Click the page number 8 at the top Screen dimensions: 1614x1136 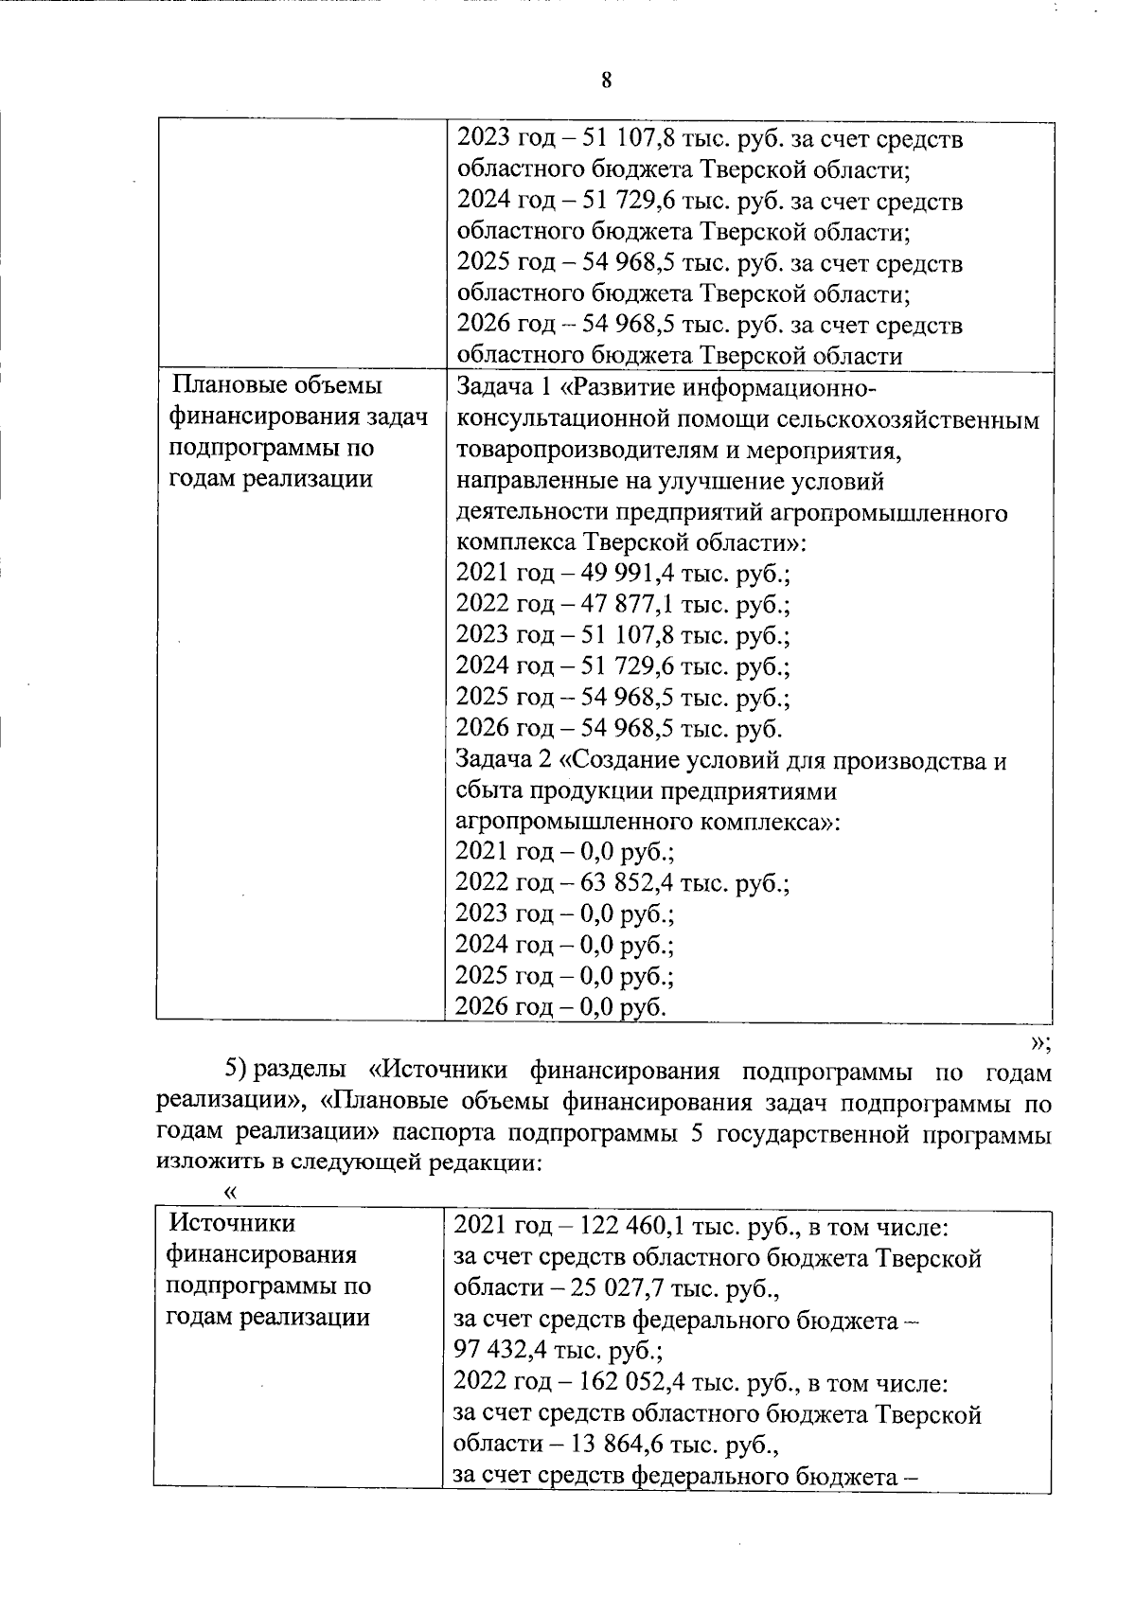(x=606, y=80)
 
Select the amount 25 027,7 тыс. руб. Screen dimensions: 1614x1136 (x=608, y=1289)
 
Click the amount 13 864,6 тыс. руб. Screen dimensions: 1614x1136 (x=608, y=1446)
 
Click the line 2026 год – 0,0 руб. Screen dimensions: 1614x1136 (x=560, y=1007)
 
